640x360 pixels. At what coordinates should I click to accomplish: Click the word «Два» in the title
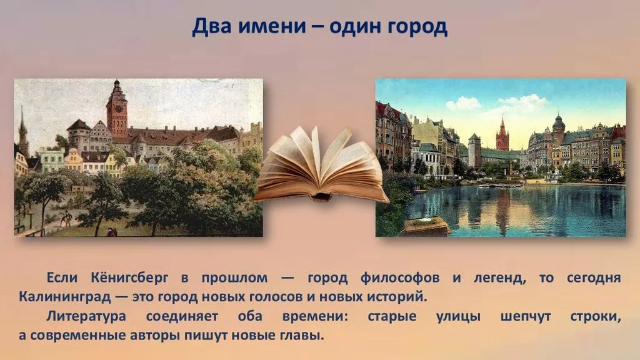[x=212, y=26]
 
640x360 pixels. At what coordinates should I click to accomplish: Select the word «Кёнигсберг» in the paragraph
[x=129, y=278]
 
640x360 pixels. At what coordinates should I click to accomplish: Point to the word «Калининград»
[x=64, y=297]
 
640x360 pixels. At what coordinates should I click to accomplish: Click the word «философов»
[x=400, y=278]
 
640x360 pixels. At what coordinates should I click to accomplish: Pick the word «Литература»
[x=86, y=316]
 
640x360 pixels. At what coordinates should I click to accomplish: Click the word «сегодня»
[x=594, y=279]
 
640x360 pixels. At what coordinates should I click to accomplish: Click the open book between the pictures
[x=321, y=164]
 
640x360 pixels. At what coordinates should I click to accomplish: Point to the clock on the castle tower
[x=117, y=109]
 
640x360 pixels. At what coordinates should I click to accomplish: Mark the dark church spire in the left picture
[x=23, y=131]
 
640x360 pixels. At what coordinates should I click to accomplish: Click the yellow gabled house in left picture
[x=74, y=161]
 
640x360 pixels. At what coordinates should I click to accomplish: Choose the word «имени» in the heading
[x=272, y=27]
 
